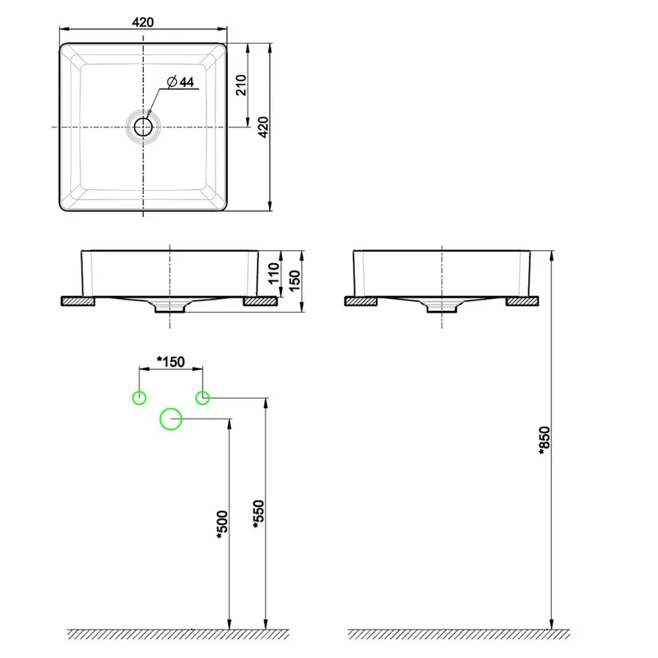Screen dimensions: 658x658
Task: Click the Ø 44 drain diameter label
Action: (x=180, y=81)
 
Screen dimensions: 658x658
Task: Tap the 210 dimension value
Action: (x=241, y=86)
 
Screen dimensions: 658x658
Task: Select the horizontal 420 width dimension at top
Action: (x=142, y=22)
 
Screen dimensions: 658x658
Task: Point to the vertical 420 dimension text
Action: (x=263, y=127)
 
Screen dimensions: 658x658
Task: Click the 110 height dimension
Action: (x=273, y=274)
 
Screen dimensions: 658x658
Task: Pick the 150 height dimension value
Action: (x=294, y=280)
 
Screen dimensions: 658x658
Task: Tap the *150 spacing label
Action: (x=170, y=361)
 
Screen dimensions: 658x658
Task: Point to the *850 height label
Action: (x=544, y=441)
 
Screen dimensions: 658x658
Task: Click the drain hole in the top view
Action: (x=143, y=127)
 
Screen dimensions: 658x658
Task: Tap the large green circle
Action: (x=171, y=419)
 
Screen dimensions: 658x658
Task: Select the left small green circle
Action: (x=139, y=398)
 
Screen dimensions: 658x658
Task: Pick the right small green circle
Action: (x=202, y=398)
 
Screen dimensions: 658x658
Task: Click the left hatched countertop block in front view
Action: (x=78, y=301)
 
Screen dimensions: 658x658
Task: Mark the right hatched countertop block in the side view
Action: (x=522, y=301)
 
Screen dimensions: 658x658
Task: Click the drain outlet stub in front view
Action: (x=169, y=308)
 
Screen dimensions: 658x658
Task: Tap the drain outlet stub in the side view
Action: (x=442, y=308)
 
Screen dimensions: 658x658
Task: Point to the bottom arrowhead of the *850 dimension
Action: (x=551, y=624)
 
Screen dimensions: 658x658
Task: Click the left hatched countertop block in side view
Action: (x=361, y=301)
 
